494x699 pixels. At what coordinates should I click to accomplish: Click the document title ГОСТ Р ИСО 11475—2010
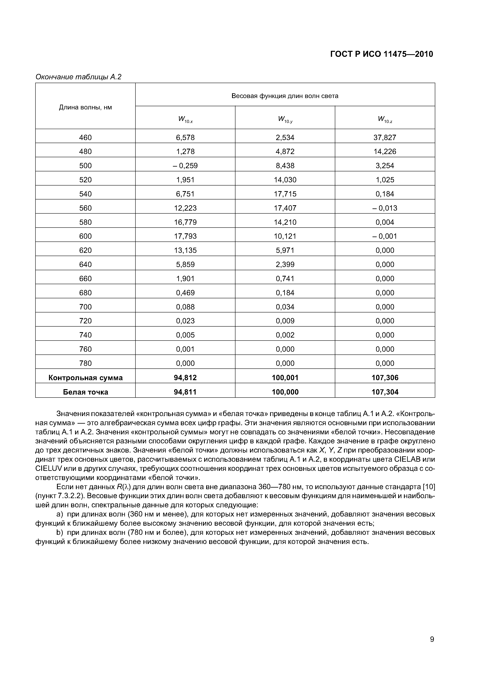coord(381,54)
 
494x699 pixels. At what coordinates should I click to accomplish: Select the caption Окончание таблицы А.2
coord(78,77)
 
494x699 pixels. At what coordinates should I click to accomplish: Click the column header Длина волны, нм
coord(85,107)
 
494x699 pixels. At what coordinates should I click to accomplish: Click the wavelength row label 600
coord(85,236)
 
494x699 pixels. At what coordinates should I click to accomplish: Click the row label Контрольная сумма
coord(85,378)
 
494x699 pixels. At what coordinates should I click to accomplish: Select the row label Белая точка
coord(85,392)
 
